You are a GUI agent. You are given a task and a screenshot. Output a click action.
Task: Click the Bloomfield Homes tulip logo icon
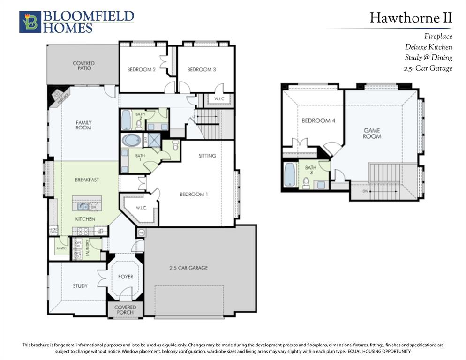pyautogui.click(x=30, y=22)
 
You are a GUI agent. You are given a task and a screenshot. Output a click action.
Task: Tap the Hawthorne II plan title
pyautogui.click(x=411, y=18)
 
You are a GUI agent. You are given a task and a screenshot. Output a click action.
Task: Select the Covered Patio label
pyautogui.click(x=83, y=66)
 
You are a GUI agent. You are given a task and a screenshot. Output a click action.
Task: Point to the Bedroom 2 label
pyautogui.click(x=141, y=70)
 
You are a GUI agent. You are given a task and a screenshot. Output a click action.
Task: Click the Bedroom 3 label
pyautogui.click(x=201, y=70)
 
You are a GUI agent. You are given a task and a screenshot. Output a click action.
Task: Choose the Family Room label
pyautogui.click(x=83, y=125)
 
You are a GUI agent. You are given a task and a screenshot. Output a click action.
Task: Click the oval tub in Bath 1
pyautogui.click(x=131, y=140)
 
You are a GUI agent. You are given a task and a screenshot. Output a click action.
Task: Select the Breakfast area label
pyautogui.click(x=87, y=180)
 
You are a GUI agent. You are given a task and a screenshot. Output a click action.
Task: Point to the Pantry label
pyautogui.click(x=61, y=248)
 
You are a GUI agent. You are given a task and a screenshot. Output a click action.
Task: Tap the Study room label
pyautogui.click(x=80, y=285)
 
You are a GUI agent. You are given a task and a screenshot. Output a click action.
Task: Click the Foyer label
pyautogui.click(x=125, y=277)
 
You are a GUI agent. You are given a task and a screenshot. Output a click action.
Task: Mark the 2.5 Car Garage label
pyautogui.click(x=188, y=268)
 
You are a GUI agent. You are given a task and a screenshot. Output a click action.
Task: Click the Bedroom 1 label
pyautogui.click(x=193, y=194)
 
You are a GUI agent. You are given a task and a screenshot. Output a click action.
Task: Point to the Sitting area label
pyautogui.click(x=207, y=156)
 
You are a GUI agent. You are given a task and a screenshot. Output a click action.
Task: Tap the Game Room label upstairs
pyautogui.click(x=372, y=133)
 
